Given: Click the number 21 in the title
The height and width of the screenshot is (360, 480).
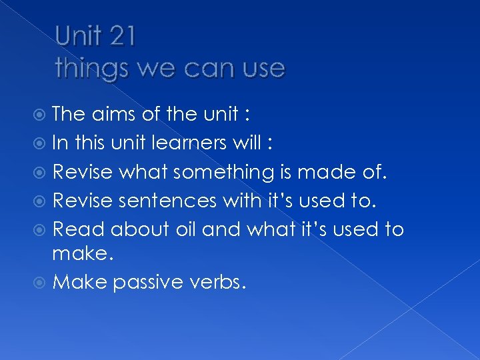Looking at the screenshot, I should click(x=121, y=37).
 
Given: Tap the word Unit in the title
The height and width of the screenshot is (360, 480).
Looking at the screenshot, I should click(x=77, y=37).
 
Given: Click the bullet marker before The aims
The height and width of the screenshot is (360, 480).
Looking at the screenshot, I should click(x=43, y=115).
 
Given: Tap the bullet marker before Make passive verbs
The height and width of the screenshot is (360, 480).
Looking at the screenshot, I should click(x=43, y=283).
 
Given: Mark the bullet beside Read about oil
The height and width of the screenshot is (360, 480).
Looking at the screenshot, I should click(x=43, y=229).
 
